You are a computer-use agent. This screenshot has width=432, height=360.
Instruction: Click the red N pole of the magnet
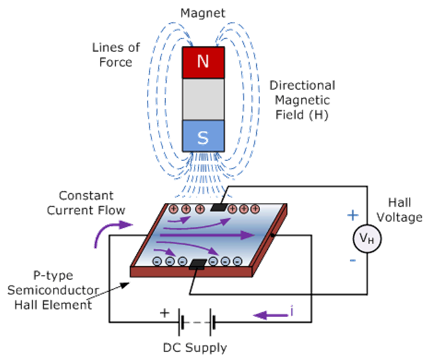click(x=203, y=63)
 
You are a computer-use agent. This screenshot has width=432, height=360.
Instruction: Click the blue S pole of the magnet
click(x=203, y=136)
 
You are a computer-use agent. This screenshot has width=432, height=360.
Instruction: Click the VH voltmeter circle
click(x=366, y=240)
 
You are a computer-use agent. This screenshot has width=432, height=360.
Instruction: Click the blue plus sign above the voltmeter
click(x=353, y=215)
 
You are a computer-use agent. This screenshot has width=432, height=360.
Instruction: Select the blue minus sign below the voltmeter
click(x=353, y=261)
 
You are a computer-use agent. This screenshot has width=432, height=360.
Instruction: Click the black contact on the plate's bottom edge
click(x=196, y=264)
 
